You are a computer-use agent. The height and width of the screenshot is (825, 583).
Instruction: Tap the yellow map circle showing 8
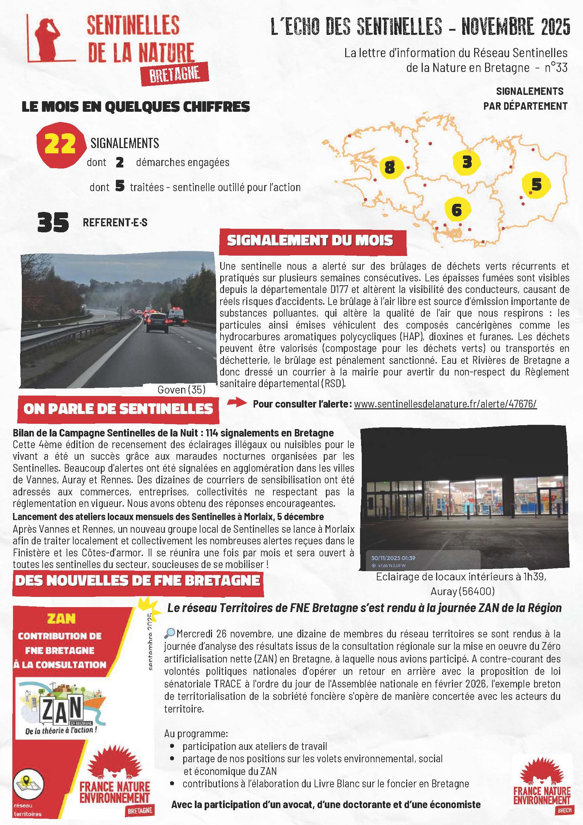390,167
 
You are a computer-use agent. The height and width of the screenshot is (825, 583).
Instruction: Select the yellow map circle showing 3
467,161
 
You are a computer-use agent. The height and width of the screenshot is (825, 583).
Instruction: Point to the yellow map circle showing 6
457,209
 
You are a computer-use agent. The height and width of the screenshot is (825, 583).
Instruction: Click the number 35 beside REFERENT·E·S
53,222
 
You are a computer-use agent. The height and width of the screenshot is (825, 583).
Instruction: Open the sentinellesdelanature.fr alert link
445,404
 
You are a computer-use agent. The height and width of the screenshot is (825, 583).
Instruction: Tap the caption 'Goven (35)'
181,390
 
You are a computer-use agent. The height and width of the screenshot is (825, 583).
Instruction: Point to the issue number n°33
556,68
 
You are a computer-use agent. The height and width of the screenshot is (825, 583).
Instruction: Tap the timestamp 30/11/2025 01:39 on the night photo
393,558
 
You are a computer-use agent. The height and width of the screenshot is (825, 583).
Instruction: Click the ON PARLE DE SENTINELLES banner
118,409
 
